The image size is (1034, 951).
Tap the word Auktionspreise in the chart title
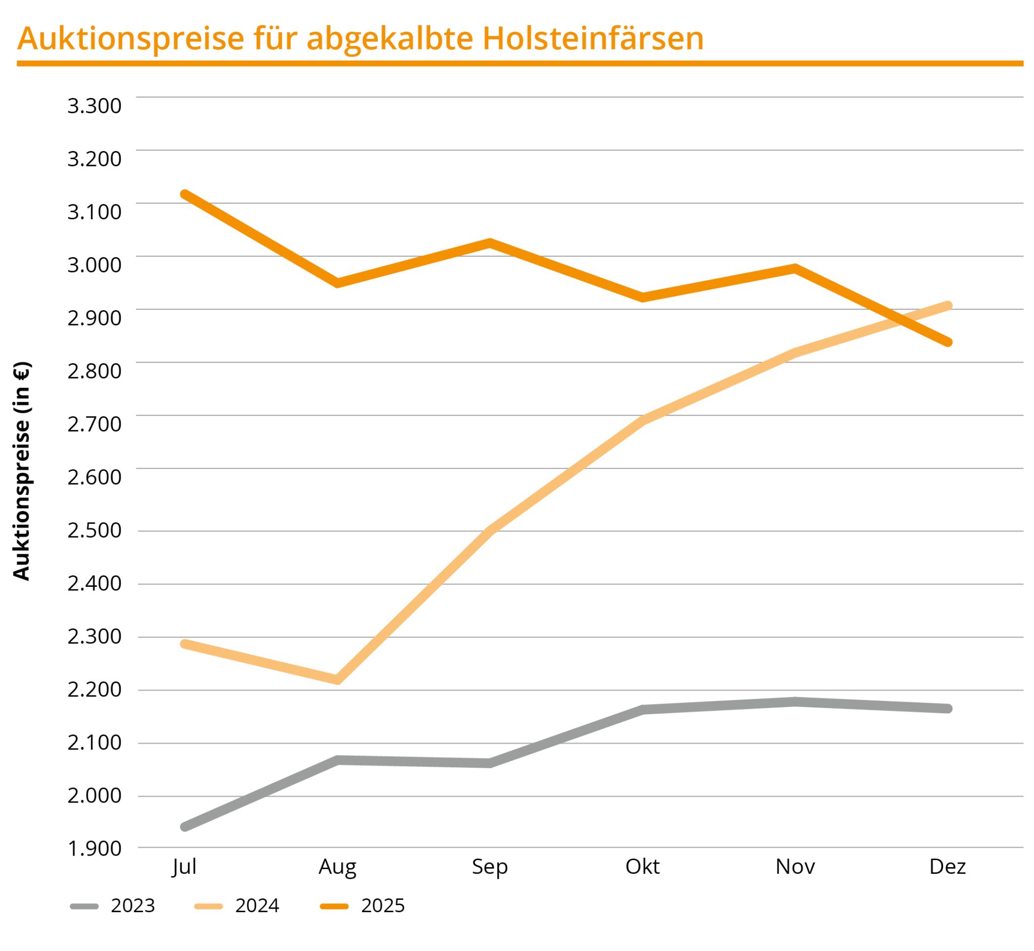pos(131,39)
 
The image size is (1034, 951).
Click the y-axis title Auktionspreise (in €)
pos(22,471)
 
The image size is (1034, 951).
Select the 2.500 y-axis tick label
pos(94,530)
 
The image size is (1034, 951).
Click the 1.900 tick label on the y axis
pos(94,848)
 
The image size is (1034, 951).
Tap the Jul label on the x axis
pos(184,867)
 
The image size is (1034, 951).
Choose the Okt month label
pos(642,867)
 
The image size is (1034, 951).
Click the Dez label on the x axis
pos(947,867)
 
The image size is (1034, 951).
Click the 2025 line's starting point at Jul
pos(185,194)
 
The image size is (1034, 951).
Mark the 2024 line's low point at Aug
pos(337,680)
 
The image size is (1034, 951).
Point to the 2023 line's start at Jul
pos(185,827)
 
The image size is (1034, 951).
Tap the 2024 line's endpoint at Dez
pos(948,306)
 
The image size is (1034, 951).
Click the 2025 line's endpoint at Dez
pos(948,342)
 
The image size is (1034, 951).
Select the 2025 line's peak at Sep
pos(490,242)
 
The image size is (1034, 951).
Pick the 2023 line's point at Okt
pos(643,710)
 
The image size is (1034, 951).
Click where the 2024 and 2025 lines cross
pos(898,320)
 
